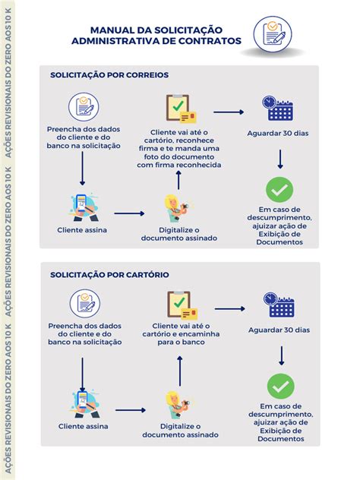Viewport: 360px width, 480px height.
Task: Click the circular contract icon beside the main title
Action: point(273,34)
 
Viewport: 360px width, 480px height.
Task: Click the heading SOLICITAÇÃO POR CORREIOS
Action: point(109,75)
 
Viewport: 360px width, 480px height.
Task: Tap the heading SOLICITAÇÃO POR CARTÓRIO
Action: point(109,275)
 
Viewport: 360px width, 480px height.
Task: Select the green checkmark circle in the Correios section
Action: point(279,190)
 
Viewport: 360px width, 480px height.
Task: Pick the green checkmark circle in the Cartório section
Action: point(281,387)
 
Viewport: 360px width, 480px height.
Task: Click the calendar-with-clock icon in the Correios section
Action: point(278,109)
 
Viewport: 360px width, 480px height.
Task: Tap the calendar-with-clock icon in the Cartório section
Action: point(279,305)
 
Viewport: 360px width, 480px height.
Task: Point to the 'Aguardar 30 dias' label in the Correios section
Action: point(278,134)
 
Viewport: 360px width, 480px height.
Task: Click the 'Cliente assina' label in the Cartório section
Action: point(84,426)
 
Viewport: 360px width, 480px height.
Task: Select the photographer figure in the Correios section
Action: point(176,208)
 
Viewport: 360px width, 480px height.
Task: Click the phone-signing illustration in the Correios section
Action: point(84,207)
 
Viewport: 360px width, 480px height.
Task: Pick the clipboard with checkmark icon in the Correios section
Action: point(181,109)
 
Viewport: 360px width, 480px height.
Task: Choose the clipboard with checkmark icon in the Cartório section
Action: point(182,305)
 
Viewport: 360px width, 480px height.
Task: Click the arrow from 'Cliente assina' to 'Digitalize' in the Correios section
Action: point(129,213)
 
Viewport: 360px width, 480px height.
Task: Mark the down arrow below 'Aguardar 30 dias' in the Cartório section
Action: point(281,355)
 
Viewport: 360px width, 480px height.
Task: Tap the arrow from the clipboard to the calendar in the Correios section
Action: point(229,112)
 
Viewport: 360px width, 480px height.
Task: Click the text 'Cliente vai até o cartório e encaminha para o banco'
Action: point(181,334)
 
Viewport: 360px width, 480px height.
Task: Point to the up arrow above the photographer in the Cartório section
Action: point(180,371)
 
